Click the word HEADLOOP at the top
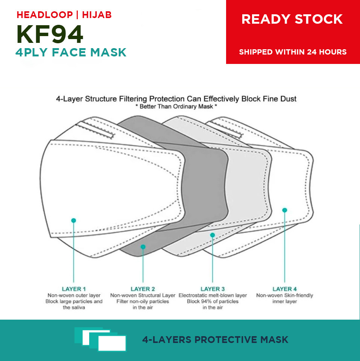point(45,15)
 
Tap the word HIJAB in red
point(97,15)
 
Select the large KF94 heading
point(50,34)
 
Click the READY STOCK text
point(292,19)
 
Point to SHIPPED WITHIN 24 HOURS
point(293,52)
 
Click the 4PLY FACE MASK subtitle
point(71,52)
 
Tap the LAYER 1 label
point(74,289)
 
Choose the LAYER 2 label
point(143,289)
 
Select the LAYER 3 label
point(213,289)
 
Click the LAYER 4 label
point(285,289)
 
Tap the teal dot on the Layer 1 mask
point(74,220)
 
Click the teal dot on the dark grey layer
point(143,247)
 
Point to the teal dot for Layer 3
point(213,235)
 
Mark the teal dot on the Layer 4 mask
point(285,210)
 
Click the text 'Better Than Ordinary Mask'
point(176,106)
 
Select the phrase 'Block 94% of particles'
point(213,301)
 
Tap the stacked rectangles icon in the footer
point(100,339)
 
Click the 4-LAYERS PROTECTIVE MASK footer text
point(215,340)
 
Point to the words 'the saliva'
point(74,307)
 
